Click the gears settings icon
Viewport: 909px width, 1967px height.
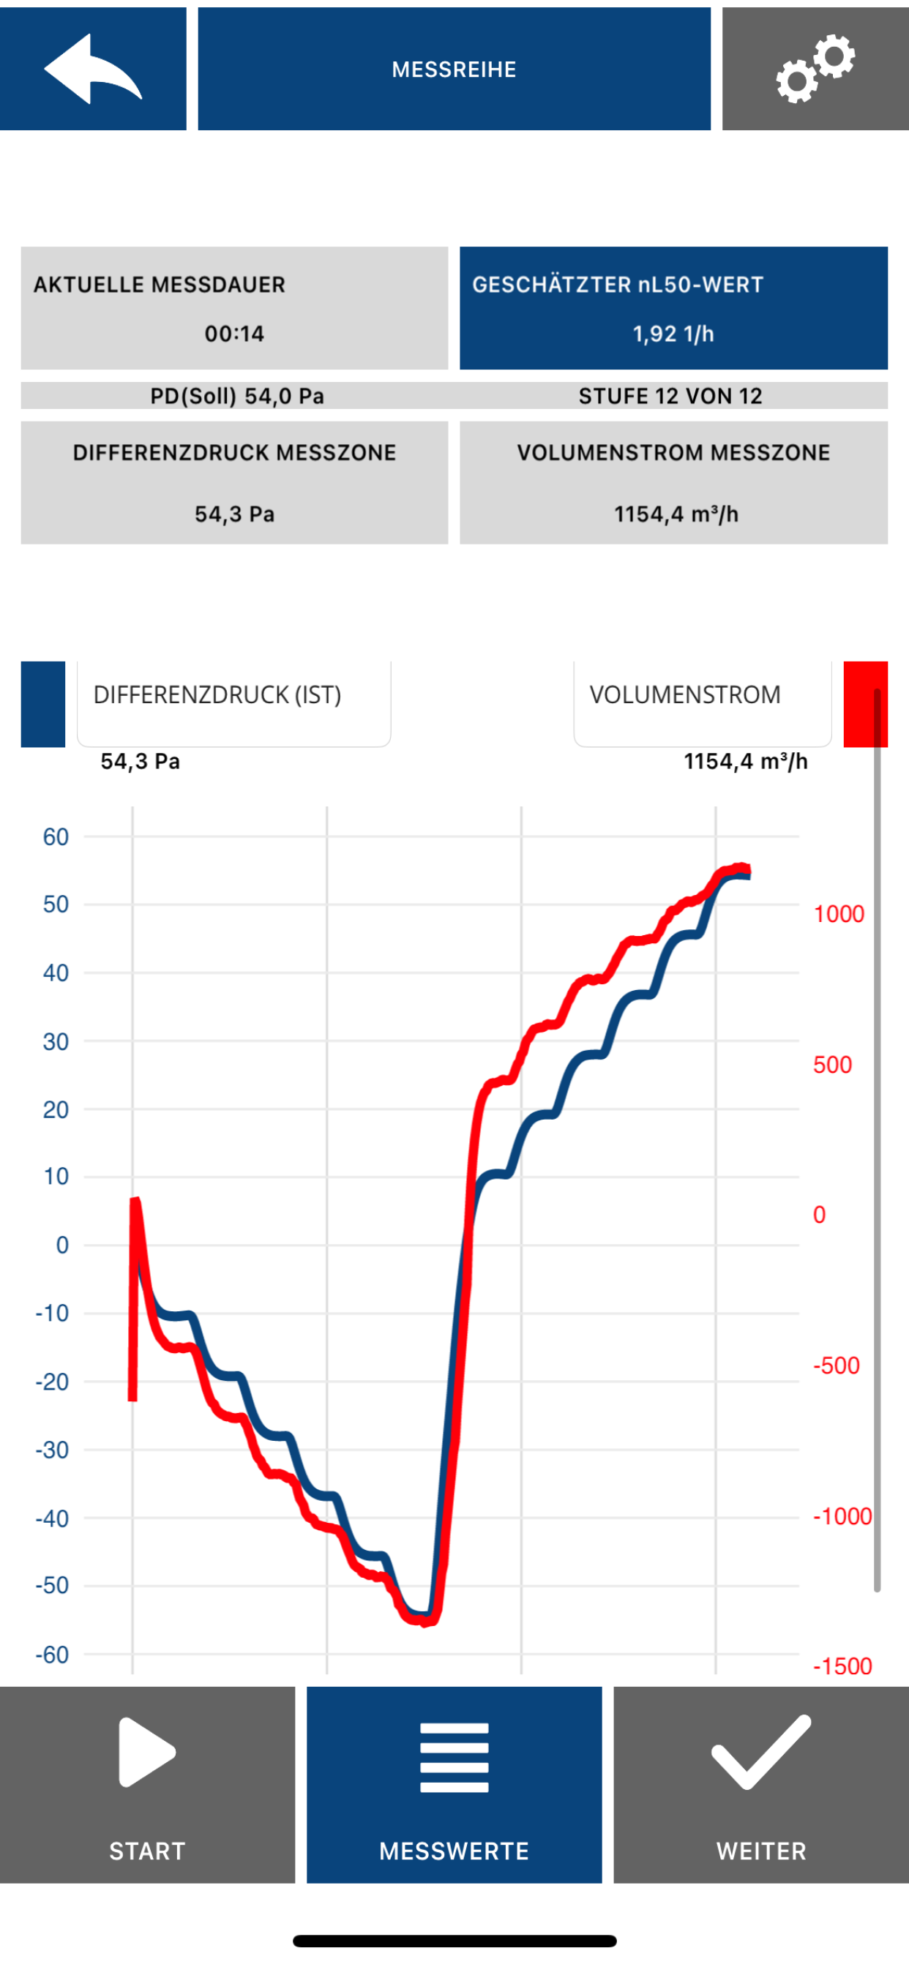click(x=815, y=69)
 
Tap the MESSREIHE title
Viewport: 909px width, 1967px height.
click(x=454, y=70)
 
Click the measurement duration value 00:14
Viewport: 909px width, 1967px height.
click(x=234, y=334)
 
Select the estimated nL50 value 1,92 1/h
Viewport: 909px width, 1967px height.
click(x=673, y=334)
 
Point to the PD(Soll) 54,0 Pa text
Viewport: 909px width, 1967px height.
click(x=237, y=396)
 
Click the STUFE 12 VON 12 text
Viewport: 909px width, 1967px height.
click(x=670, y=396)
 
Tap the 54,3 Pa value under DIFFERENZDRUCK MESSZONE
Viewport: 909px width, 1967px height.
click(x=234, y=514)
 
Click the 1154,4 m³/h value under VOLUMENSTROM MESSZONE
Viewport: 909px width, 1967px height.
click(x=676, y=514)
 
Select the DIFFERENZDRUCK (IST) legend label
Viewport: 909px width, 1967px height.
click(x=217, y=695)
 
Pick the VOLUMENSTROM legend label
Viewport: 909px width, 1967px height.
click(x=685, y=695)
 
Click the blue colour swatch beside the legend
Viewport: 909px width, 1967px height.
click(x=42, y=704)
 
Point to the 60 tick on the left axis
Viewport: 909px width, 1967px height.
click(x=56, y=837)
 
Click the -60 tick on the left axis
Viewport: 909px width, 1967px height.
click(x=52, y=1654)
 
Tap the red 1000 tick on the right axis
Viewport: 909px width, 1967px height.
click(x=839, y=913)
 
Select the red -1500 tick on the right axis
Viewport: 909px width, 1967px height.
click(x=842, y=1666)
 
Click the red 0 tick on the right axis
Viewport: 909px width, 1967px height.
click(x=820, y=1214)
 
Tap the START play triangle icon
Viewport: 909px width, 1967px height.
click(x=146, y=1753)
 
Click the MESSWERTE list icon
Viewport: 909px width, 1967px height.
click(x=454, y=1758)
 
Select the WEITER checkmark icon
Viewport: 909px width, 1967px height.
click(x=761, y=1752)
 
